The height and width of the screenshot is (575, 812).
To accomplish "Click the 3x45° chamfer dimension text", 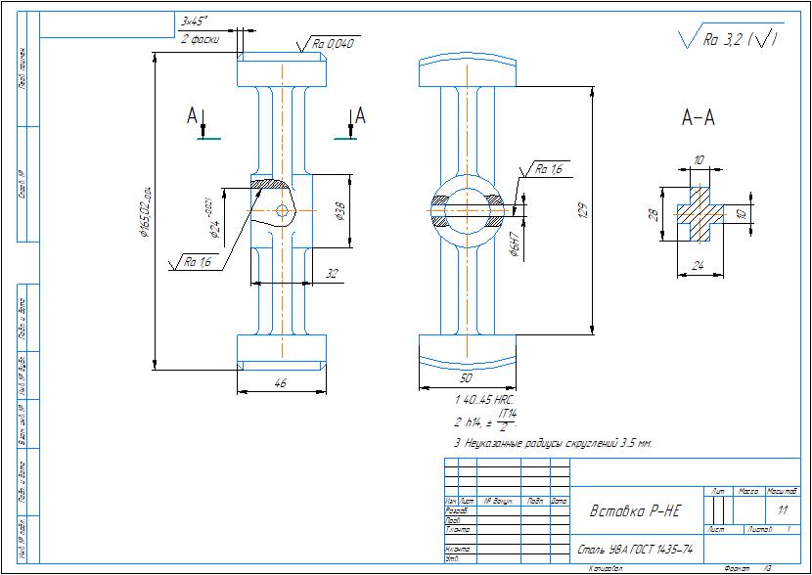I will [195, 21].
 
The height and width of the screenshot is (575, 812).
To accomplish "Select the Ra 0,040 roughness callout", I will [333, 43].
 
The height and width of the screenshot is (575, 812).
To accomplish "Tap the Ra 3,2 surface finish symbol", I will [729, 39].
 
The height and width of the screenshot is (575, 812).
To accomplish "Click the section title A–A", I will [698, 119].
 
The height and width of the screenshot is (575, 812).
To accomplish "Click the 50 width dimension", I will [466, 376].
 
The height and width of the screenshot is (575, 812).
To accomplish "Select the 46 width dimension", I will [281, 384].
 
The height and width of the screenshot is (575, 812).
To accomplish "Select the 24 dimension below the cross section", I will [698, 264].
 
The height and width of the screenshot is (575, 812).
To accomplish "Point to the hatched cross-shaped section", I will [699, 212].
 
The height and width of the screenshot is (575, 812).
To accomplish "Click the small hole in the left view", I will [283, 210].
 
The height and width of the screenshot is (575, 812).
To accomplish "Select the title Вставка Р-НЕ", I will [635, 511].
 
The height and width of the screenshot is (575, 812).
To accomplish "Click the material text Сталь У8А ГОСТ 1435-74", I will [634, 550].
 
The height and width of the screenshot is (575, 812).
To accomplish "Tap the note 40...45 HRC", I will [485, 401].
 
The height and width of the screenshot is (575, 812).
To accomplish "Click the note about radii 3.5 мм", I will [553, 443].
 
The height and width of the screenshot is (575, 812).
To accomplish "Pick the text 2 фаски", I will [199, 39].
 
